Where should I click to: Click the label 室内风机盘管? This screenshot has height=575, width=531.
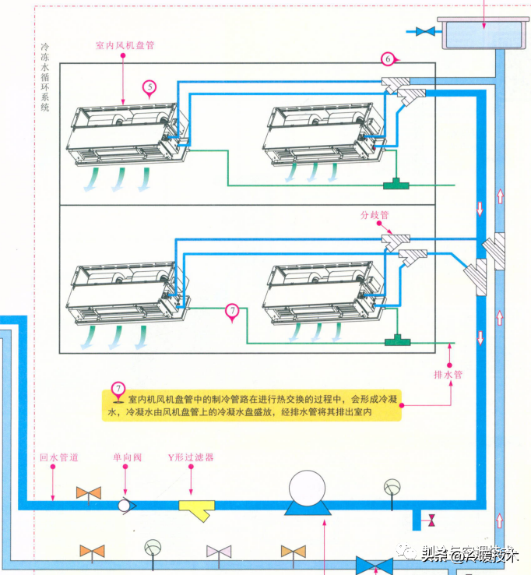[x=125, y=45]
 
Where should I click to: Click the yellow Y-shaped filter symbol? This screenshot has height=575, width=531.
[x=197, y=509]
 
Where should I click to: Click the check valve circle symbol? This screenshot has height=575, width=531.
[x=125, y=504]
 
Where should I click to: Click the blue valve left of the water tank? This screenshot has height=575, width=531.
[x=425, y=32]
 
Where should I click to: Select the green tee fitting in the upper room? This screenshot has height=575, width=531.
[x=398, y=185]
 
